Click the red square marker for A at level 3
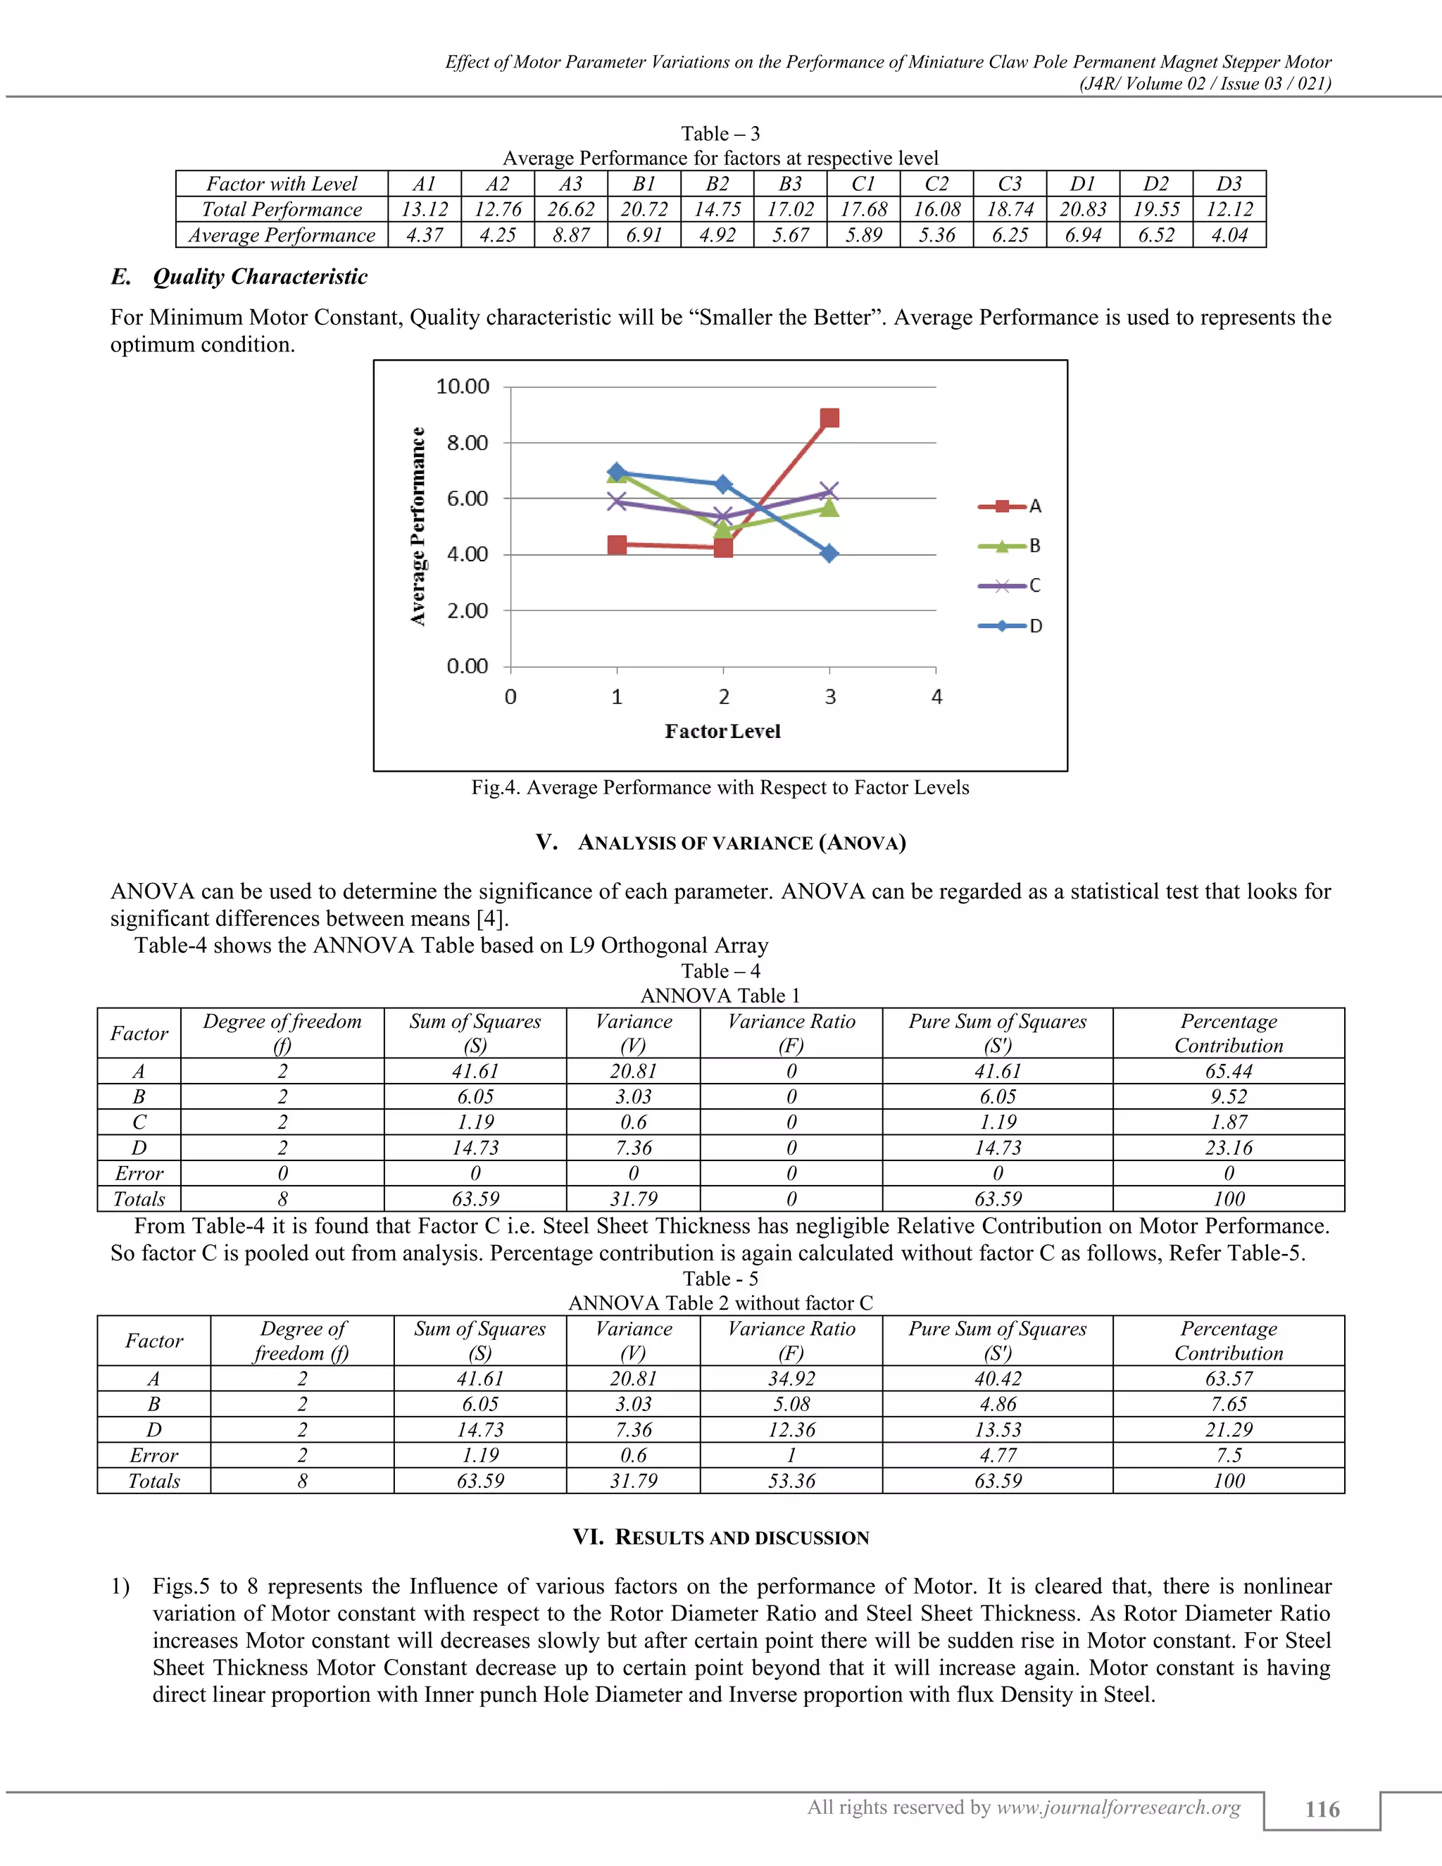[x=829, y=418]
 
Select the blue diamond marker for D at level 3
[x=829, y=553]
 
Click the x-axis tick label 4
[x=936, y=697]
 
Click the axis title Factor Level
[x=722, y=732]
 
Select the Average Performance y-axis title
[x=418, y=526]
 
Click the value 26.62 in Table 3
[x=570, y=209]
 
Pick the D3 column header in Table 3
[x=1229, y=184]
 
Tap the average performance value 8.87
[x=570, y=235]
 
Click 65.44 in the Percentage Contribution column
[x=1229, y=1072]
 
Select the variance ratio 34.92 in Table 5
[x=791, y=1379]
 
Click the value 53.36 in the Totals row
[x=791, y=1481]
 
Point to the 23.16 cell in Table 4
[x=1229, y=1148]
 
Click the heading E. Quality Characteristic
[x=239, y=277]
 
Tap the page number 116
[x=1322, y=1809]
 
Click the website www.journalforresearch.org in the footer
[x=1118, y=1807]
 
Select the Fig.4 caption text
[x=720, y=788]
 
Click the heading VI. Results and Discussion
[x=721, y=1538]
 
